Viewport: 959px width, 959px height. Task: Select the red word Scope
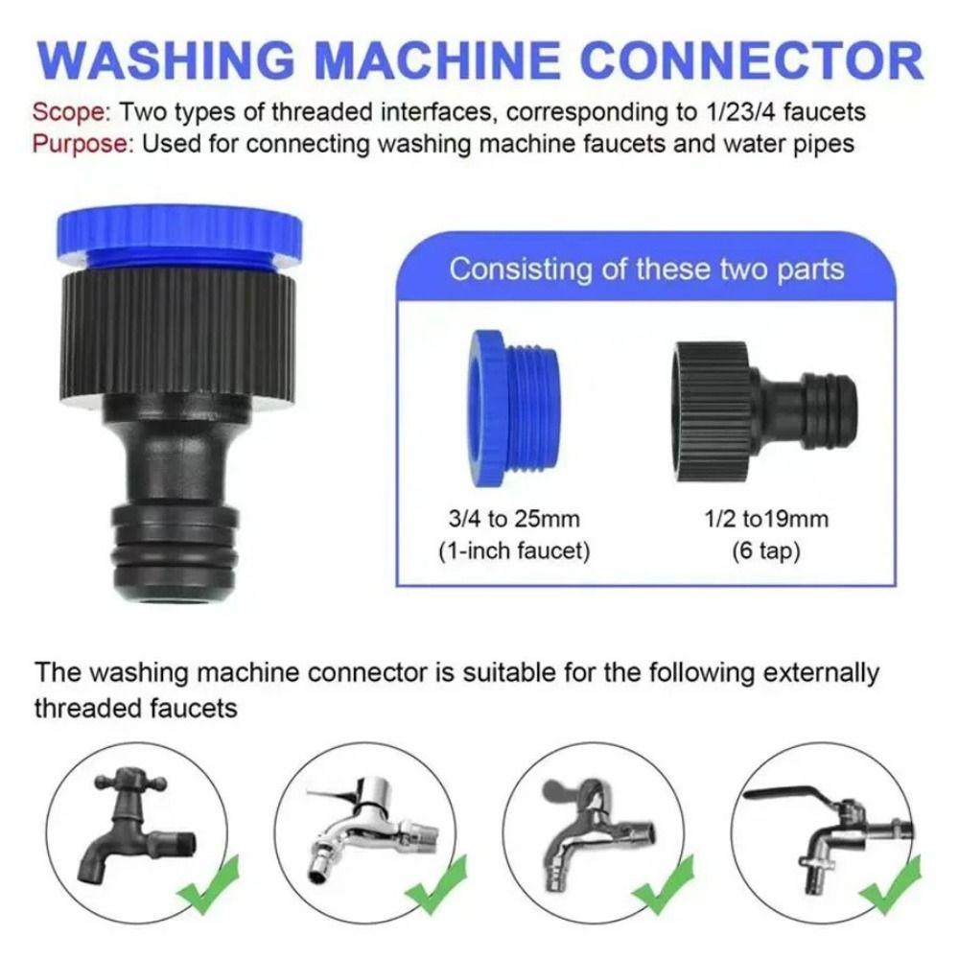73,111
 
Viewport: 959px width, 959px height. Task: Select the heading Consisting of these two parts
646,269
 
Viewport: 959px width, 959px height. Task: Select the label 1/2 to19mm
752,520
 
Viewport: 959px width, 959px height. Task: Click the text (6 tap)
752,553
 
